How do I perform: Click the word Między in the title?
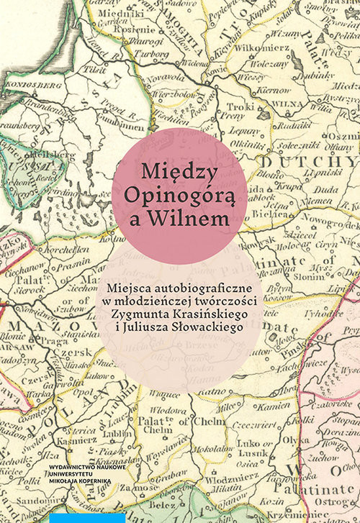point(179,172)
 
